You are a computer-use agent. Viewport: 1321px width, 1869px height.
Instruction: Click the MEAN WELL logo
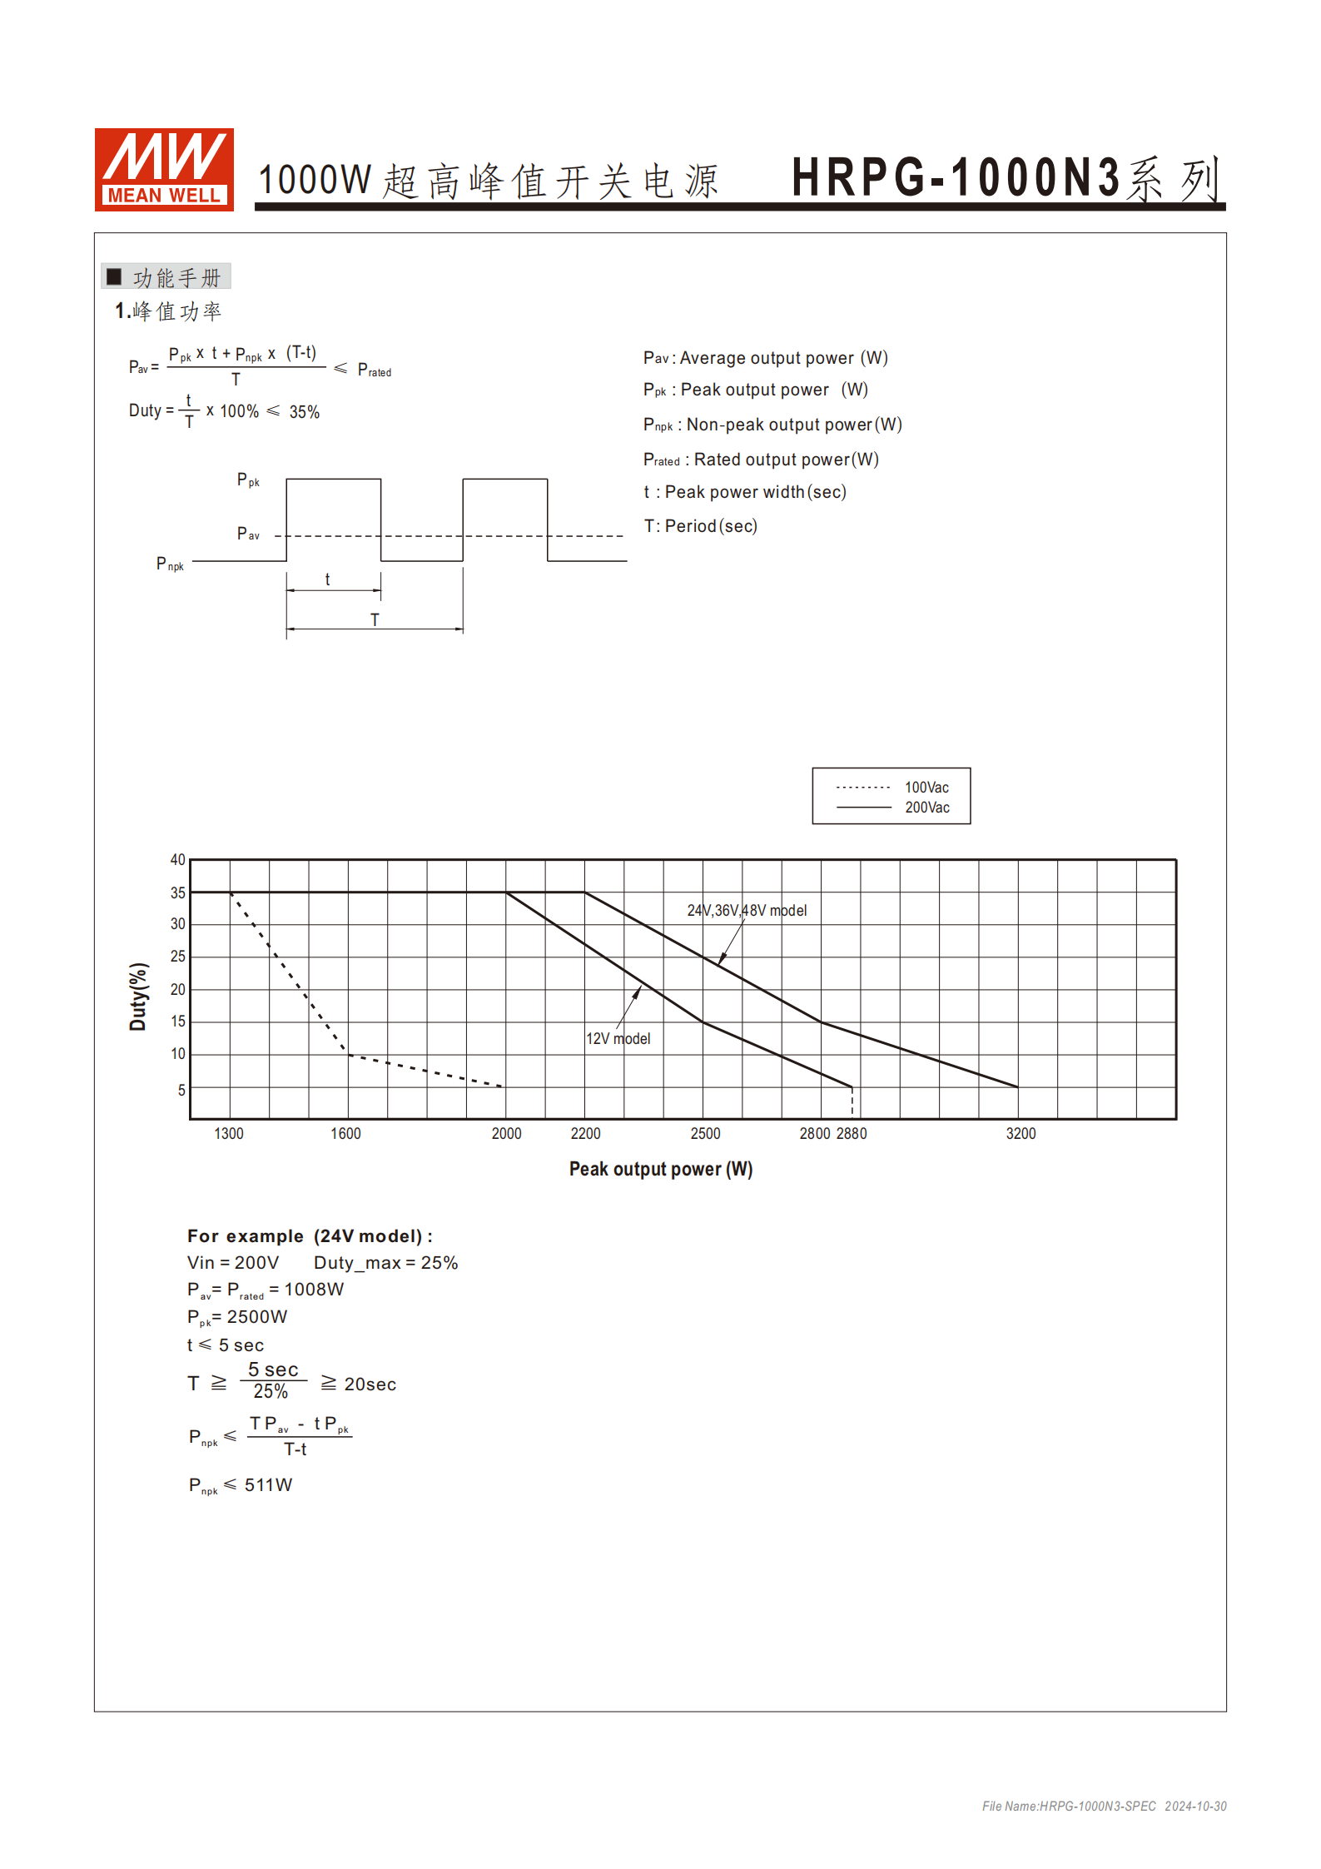164,169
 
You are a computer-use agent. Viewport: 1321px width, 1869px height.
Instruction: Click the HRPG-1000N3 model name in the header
956,177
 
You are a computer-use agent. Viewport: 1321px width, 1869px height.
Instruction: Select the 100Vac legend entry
926,788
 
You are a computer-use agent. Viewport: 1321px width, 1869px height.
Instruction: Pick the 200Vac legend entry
926,808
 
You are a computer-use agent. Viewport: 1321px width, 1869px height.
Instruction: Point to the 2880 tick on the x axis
852,1134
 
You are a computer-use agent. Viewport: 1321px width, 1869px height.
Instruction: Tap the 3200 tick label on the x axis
1021,1134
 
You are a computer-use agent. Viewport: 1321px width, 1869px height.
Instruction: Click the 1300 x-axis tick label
229,1134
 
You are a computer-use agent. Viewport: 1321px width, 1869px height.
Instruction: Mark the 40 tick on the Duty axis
178,860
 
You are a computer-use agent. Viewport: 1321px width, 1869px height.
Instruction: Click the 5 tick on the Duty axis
181,1090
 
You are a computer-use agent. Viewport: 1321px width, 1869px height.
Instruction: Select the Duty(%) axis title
138,997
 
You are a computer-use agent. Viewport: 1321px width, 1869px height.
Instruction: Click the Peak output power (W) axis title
661,1170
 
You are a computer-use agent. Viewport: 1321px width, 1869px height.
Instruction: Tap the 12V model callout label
618,1039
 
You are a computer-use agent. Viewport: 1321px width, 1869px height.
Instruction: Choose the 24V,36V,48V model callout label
747,911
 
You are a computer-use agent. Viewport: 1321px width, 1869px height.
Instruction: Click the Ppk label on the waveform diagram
248,480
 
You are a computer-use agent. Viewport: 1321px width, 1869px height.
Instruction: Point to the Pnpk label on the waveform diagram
170,564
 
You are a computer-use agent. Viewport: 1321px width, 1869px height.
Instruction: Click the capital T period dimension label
375,620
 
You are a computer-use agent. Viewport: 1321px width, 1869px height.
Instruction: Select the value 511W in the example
268,1485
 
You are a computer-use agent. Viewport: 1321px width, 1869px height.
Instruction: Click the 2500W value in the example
256,1317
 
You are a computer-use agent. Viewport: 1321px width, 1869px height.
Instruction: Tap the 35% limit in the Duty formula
305,412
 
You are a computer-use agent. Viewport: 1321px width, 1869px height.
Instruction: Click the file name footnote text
1104,1807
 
